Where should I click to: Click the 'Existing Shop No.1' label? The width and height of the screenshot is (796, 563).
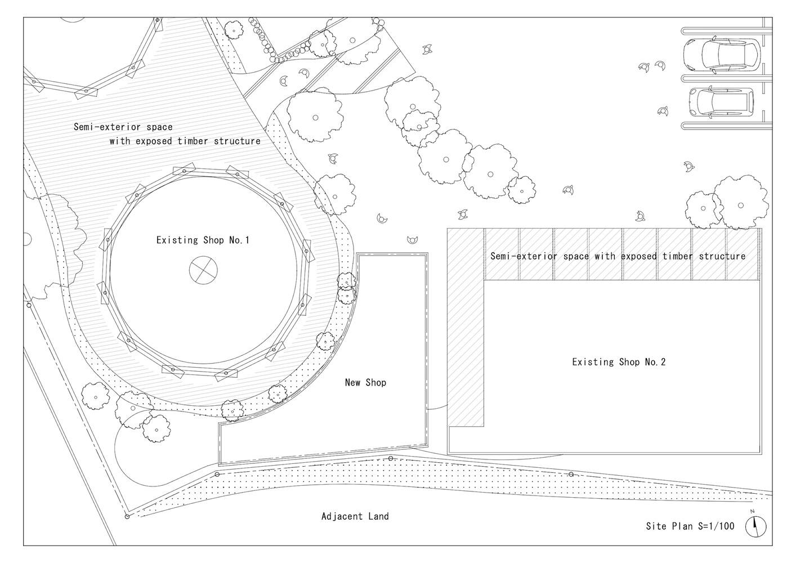(203, 240)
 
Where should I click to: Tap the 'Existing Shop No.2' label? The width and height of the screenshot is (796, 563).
(619, 362)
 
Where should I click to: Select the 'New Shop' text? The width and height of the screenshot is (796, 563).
(365, 383)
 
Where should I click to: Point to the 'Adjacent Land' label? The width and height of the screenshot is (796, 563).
(355, 516)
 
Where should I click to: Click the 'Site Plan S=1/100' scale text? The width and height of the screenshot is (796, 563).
(690, 526)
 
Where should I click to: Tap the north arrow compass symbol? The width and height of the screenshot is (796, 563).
(755, 526)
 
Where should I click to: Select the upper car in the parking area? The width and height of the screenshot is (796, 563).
(721, 55)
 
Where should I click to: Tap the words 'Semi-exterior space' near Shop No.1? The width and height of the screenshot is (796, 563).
(123, 127)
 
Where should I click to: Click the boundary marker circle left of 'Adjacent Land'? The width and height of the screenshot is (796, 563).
(127, 516)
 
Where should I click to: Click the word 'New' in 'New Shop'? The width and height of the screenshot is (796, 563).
(353, 383)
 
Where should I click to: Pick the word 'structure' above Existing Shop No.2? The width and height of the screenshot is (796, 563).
(722, 256)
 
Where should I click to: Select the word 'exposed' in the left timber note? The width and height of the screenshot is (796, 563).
(151, 141)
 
